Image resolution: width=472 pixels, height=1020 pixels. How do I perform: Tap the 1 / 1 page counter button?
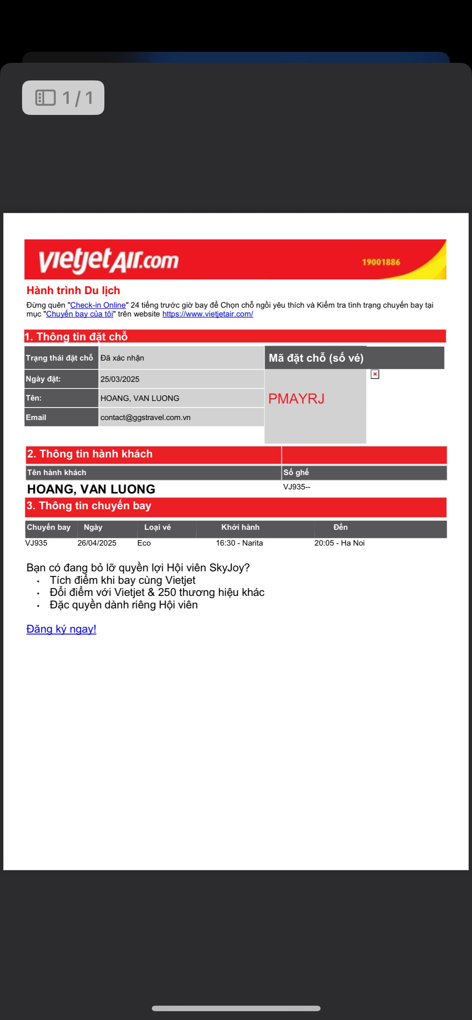[x=63, y=98]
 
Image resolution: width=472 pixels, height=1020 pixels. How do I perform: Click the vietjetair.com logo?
[x=108, y=261]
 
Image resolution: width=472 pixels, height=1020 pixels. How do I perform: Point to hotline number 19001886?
[x=381, y=262]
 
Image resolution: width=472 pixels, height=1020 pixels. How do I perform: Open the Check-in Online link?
[x=98, y=305]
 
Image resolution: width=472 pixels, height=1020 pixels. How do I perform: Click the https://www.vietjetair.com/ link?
[x=208, y=314]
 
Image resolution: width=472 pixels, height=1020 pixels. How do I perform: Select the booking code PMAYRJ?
[x=296, y=399]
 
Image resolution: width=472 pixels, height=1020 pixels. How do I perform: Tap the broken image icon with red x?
[x=375, y=374]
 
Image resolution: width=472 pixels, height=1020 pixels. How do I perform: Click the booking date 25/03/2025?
[x=120, y=379]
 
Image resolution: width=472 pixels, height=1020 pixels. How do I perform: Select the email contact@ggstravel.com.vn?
[x=146, y=418]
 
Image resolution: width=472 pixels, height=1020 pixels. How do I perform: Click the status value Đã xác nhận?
[x=122, y=358]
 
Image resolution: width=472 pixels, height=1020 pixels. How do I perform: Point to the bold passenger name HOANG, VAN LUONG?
[x=91, y=489]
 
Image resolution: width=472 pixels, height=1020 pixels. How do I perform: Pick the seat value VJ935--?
[x=296, y=487]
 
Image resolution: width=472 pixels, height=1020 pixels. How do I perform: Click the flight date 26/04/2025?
[x=97, y=543]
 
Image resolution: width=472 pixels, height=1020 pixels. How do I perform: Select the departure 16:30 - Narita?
[x=239, y=543]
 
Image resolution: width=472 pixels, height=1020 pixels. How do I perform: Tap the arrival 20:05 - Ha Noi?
[x=339, y=543]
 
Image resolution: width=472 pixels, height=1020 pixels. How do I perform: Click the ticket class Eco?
[x=144, y=543]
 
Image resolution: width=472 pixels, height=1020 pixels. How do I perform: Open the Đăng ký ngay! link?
[x=61, y=629]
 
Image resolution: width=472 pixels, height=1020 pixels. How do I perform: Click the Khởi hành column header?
[x=240, y=527]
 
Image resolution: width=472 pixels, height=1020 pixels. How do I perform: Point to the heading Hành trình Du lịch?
[x=73, y=291]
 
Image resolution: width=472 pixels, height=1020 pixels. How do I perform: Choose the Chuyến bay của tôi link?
[x=80, y=314]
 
